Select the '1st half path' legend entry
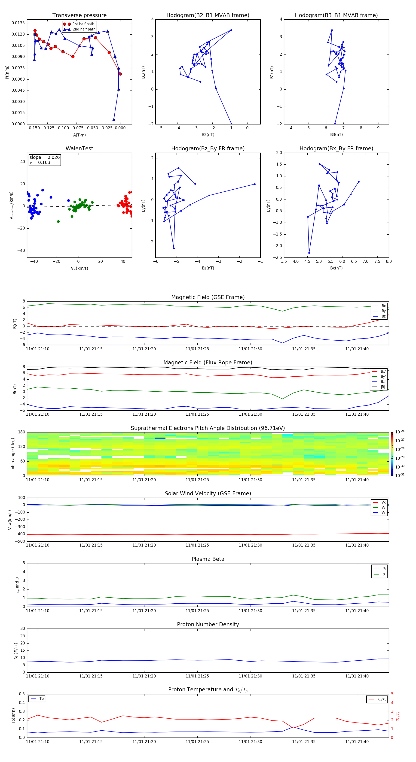[x=83, y=24]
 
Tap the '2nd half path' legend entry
[x=84, y=29]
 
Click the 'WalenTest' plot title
[x=79, y=148]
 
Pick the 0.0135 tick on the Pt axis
[x=18, y=23]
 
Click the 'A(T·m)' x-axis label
[x=79, y=135]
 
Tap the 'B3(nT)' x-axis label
[x=336, y=135]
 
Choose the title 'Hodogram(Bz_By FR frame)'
[x=208, y=148]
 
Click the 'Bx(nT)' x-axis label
[x=336, y=268]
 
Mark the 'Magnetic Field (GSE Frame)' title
[x=208, y=297]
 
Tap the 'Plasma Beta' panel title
[x=208, y=559]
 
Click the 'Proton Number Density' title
[x=208, y=624]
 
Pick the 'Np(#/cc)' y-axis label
[x=16, y=651]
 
